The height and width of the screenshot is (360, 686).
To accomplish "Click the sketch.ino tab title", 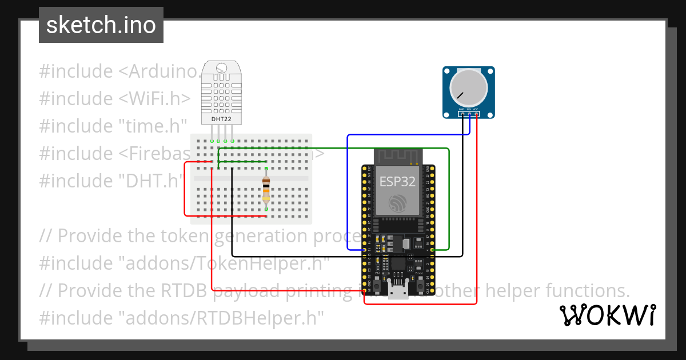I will coord(101,25).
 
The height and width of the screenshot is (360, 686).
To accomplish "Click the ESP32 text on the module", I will coord(397,182).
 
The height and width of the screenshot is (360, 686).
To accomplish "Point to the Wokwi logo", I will coord(607,315).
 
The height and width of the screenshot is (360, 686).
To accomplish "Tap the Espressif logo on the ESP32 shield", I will coord(397,204).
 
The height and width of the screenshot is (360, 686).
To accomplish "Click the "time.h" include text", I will coord(153,126).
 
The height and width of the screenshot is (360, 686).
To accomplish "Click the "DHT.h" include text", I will coord(150,181).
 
